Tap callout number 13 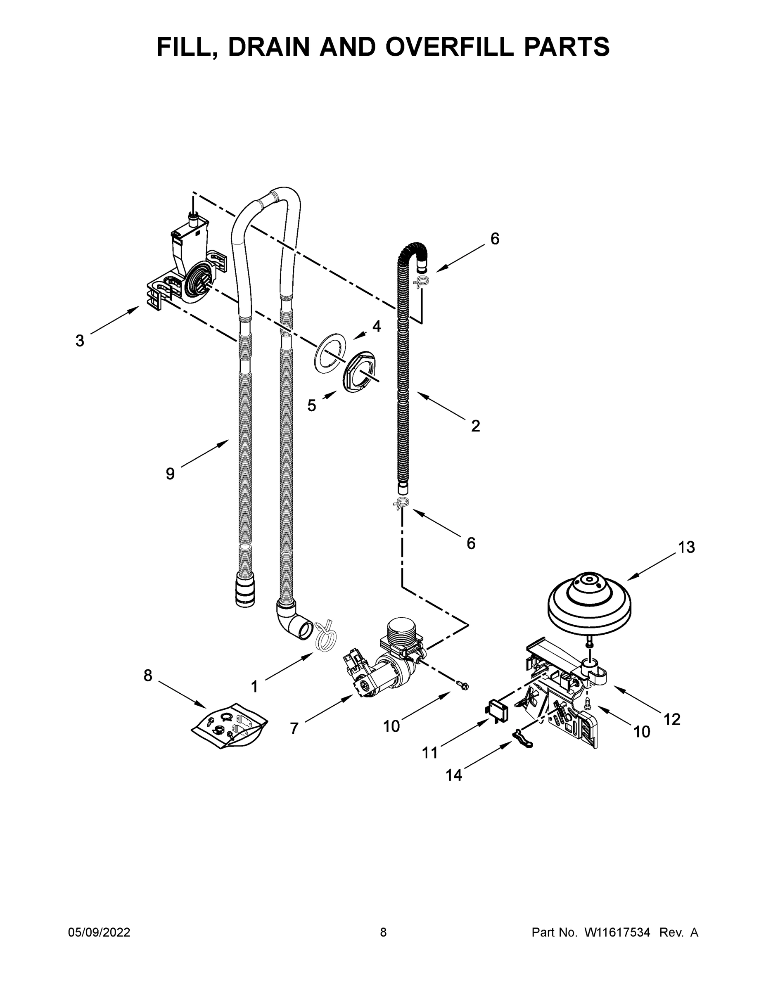687,547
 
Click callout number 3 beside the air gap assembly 80,340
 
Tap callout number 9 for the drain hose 170,474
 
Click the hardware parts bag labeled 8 229,725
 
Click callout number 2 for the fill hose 475,426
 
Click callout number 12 672,719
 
